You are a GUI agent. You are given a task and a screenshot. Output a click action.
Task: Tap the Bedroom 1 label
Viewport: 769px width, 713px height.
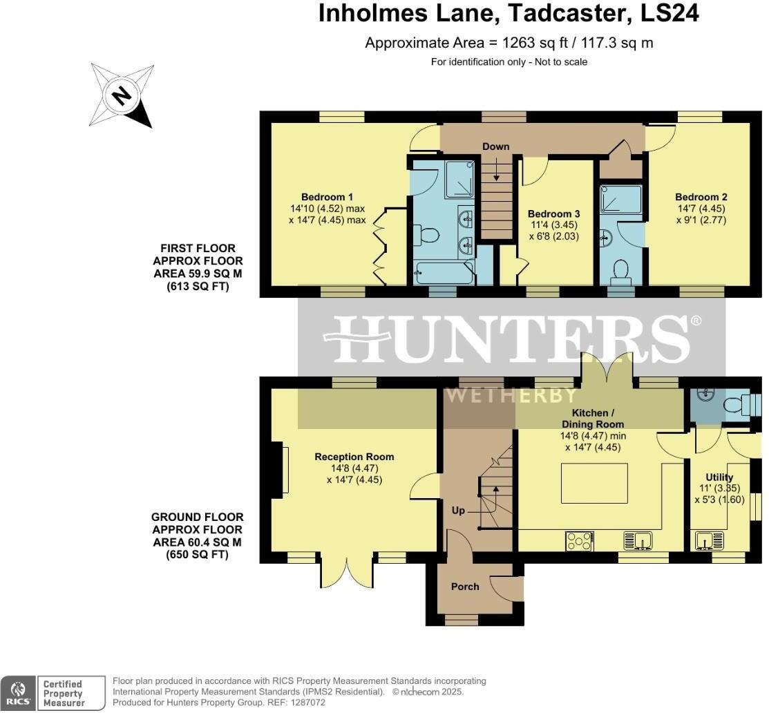[327, 196]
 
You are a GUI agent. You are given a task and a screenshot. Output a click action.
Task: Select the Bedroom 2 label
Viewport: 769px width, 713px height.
[701, 197]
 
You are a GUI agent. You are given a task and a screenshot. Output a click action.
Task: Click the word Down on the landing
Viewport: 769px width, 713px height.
[495, 146]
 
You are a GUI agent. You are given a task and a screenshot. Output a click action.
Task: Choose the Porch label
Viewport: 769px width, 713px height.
[465, 587]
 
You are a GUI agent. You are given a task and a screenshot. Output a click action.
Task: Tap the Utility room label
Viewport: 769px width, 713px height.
[719, 477]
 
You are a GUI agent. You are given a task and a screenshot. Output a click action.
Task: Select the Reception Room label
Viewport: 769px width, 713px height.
[354, 457]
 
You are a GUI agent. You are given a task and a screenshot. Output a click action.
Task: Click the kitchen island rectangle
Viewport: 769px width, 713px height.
[594, 484]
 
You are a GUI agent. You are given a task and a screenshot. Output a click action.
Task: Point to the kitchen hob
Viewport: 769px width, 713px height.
[579, 540]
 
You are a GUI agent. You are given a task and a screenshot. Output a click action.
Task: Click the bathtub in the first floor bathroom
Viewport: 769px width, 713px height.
[443, 273]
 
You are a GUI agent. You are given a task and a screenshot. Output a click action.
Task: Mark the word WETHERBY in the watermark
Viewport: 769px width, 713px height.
[511, 395]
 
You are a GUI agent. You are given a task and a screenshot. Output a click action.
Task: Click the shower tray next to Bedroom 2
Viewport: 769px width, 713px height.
[620, 199]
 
